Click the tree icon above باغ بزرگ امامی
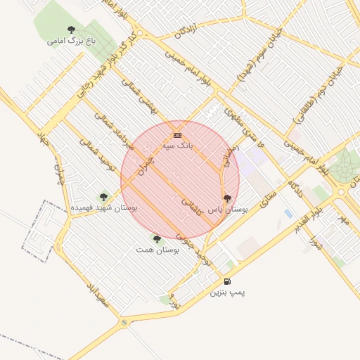click(71, 30)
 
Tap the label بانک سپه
click(177, 145)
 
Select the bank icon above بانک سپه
click(177, 134)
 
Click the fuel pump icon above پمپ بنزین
click(227, 281)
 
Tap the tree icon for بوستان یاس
click(226, 199)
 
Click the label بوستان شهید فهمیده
click(104, 208)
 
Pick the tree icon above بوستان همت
click(156, 239)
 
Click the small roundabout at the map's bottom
click(124, 323)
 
